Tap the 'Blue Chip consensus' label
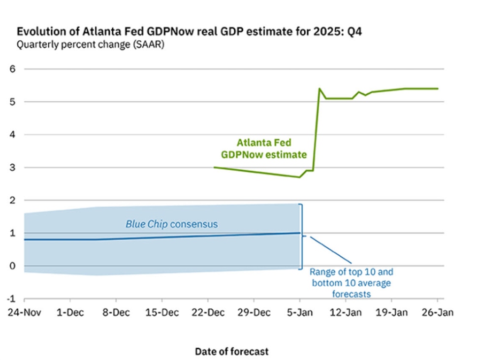(171, 224)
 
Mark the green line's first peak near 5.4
(320, 89)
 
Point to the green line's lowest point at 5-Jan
(299, 177)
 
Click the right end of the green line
(438, 89)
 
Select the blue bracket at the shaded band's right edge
(302, 236)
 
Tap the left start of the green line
(214, 167)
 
